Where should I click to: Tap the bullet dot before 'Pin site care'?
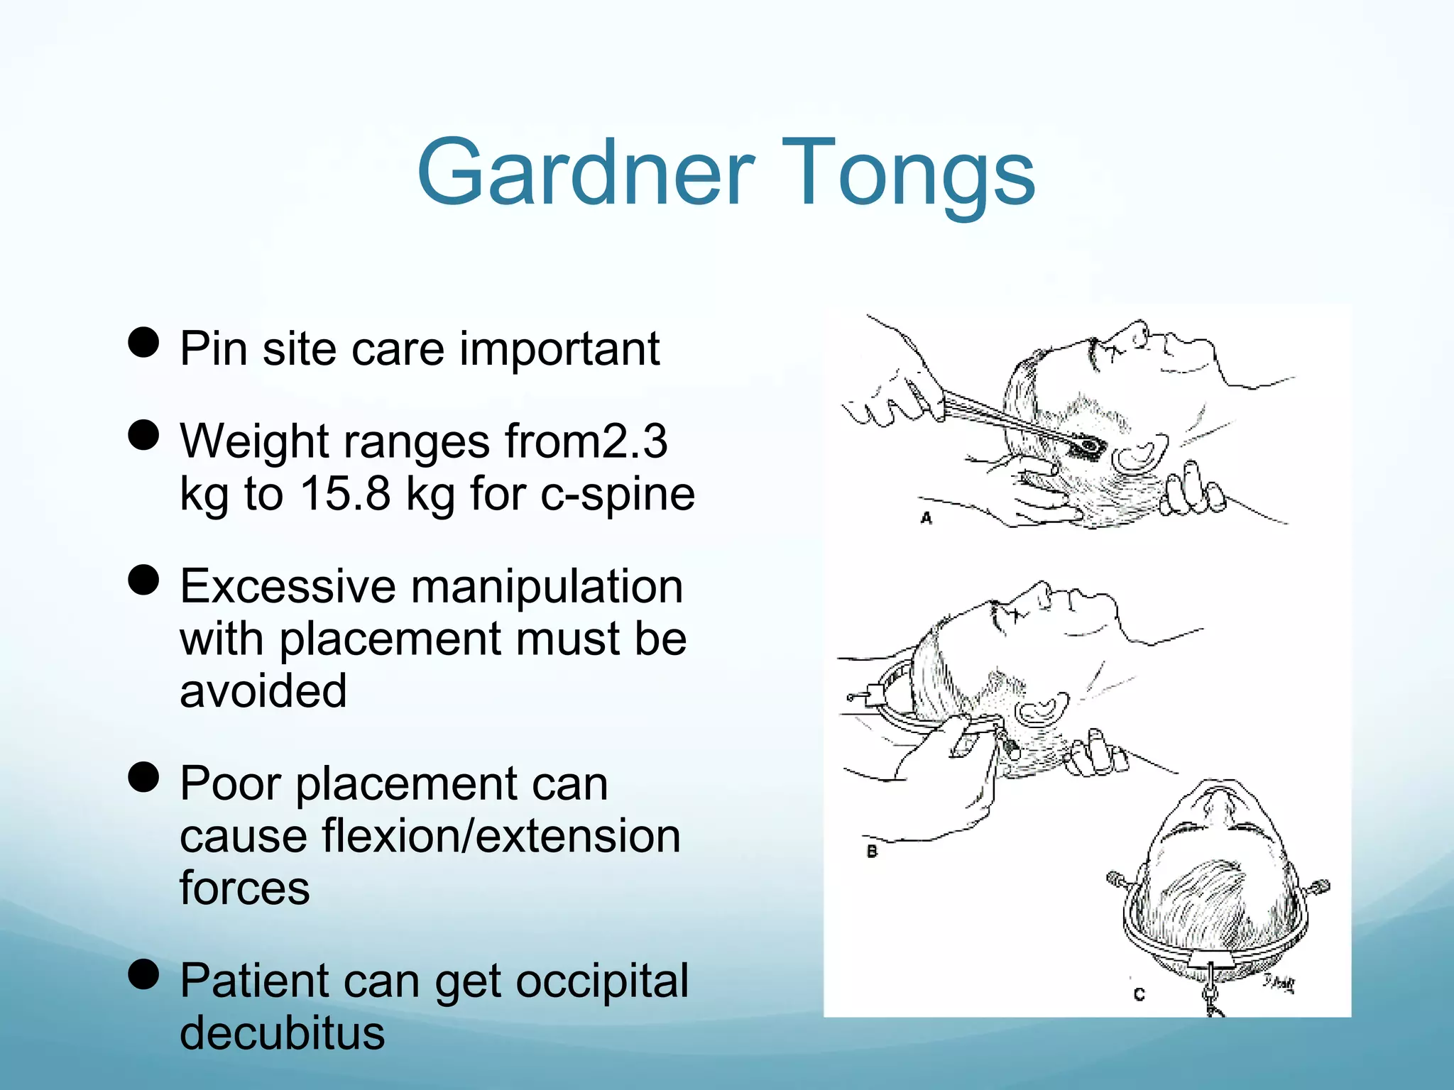coord(143,343)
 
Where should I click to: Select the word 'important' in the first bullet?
coord(559,349)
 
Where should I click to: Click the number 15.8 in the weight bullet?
coord(345,494)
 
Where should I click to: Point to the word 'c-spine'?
coord(617,494)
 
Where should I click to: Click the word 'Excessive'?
coord(287,586)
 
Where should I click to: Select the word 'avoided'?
coord(263,691)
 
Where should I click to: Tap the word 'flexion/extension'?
coord(501,836)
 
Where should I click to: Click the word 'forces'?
coord(245,888)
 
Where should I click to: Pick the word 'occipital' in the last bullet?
coord(602,981)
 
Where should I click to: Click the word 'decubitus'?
coord(282,1033)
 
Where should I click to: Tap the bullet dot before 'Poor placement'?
coord(143,777)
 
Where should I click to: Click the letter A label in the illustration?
coord(926,518)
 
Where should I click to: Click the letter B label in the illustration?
coord(872,851)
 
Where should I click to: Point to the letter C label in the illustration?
coord(1139,994)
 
